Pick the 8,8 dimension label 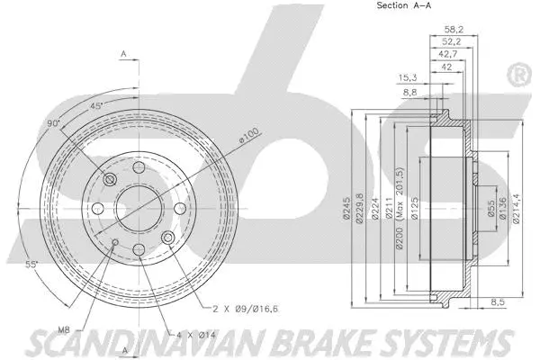[x=409, y=93]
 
